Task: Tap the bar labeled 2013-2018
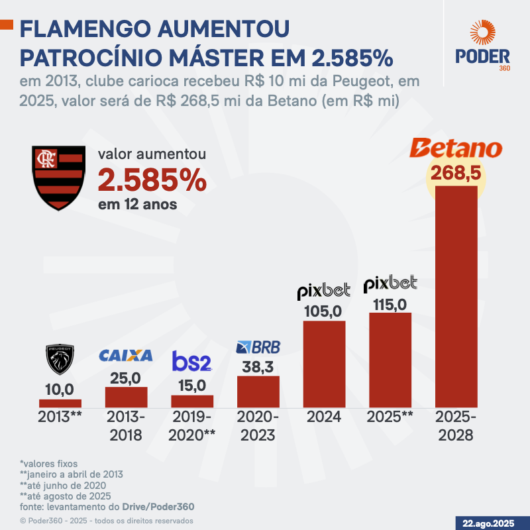126,396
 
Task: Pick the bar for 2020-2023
258,391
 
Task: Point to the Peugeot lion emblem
60,359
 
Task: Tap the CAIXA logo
126,356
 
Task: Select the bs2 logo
191,362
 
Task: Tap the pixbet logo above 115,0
390,284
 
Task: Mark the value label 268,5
456,174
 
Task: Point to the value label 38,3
258,364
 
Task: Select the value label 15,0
192,384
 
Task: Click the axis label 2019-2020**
192,426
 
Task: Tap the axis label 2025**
390,417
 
